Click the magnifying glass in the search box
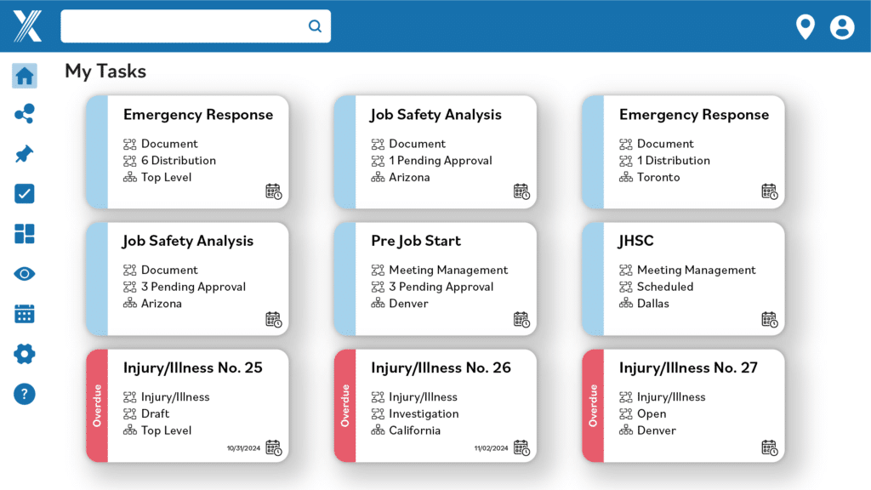pos(315,26)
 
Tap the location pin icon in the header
pos(805,27)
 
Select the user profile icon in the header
pos(842,27)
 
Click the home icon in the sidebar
pos(25,76)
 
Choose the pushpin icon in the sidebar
pos(25,154)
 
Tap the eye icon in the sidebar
pos(25,274)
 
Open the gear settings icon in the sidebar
pos(25,354)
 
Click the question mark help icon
pos(25,394)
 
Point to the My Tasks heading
pos(105,71)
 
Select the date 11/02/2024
pos(490,447)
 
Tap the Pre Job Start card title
pos(416,241)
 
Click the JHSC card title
pos(635,241)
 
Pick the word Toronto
pos(658,177)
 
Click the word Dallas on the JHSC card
pos(653,303)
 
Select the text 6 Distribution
pos(179,160)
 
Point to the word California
pos(414,430)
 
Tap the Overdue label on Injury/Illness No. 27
pos(593,405)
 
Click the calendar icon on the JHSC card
pos(769,320)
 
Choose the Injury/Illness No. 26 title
pos(441,367)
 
